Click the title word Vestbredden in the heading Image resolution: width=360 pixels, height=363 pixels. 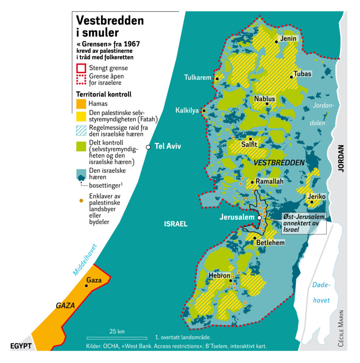coord(110,21)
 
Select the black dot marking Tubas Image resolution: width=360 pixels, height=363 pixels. coord(291,77)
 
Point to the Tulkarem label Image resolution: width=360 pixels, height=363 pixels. coord(198,78)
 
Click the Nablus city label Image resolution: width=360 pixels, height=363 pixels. coord(264,99)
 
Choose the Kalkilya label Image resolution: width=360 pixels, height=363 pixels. coord(187,111)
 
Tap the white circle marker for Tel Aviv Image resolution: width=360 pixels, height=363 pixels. coord(149,147)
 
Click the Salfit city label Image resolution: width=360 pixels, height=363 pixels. coord(249,145)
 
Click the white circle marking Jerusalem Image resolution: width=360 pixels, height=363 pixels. coord(259,217)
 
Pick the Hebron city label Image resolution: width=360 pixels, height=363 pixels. coord(220,275)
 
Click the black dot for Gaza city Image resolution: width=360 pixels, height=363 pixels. coord(86,285)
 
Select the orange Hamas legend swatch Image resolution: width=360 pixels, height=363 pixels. coord(81,104)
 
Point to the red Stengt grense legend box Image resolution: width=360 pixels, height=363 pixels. coord(81,68)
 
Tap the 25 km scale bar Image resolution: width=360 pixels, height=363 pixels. coord(117,338)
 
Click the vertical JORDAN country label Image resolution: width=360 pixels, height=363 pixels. coord(341,158)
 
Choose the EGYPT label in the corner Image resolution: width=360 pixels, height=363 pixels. coord(21,346)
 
